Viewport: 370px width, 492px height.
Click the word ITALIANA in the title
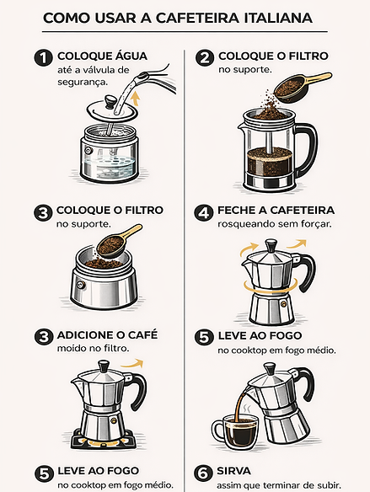pyautogui.click(x=278, y=19)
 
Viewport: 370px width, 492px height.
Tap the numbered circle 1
pyautogui.click(x=43, y=58)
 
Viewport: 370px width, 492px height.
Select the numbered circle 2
pyautogui.click(x=204, y=58)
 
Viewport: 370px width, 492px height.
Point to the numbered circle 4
pyautogui.click(x=203, y=213)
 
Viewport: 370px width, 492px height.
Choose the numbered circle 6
pyautogui.click(x=203, y=473)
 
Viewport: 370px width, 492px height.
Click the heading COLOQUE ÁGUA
pyautogui.click(x=102, y=56)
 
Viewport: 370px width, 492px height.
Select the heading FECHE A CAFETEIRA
pyautogui.click(x=276, y=211)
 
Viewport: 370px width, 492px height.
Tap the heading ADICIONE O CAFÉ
pyautogui.click(x=107, y=335)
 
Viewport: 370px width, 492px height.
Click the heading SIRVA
pyautogui.click(x=233, y=471)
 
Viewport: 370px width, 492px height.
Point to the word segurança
pyautogui.click(x=83, y=83)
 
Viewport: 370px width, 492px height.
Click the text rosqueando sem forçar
pyautogui.click(x=275, y=224)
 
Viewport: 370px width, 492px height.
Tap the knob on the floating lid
pyautogui.click(x=110, y=101)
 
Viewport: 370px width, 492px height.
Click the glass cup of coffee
pyautogui.click(x=237, y=431)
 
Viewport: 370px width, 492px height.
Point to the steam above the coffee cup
pyautogui.click(x=248, y=408)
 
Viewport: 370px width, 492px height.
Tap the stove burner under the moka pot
pyautogui.click(x=104, y=439)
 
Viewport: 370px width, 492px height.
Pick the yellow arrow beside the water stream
pyautogui.click(x=135, y=99)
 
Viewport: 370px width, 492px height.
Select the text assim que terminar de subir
pyautogui.click(x=279, y=485)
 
